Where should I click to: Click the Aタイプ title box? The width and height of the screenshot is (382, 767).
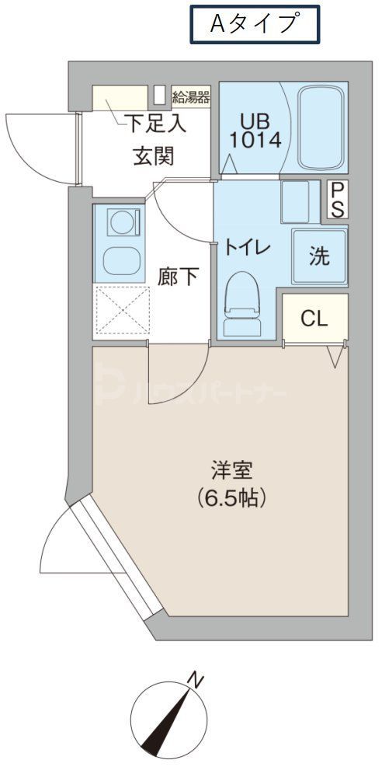(255, 24)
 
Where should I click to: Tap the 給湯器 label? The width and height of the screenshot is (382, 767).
(191, 97)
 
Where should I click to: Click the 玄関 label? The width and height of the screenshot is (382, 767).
(152, 155)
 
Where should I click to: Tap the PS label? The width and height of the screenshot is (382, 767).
(339, 199)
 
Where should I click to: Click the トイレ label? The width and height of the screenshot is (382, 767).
(247, 248)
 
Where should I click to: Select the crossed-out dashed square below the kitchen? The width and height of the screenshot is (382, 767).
(121, 312)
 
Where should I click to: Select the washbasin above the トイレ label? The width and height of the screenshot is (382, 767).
(295, 200)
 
